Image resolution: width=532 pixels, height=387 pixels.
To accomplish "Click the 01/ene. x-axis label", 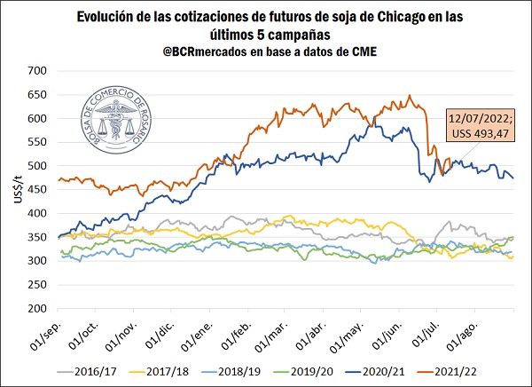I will tap(197, 332).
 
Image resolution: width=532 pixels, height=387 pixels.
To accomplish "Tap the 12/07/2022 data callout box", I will tap(480, 125).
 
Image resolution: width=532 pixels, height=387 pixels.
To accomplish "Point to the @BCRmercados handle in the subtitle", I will tap(203, 51).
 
